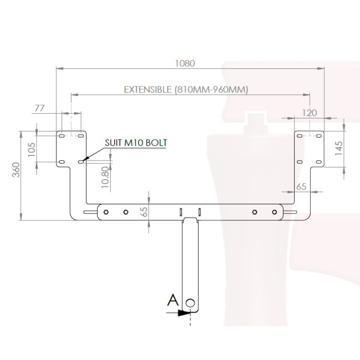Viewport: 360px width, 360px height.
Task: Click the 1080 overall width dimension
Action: [x=185, y=63]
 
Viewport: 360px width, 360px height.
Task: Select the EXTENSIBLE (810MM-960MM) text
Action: [x=186, y=90]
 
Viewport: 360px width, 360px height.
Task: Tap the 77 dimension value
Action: [x=39, y=108]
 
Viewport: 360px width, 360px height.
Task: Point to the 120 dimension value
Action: [x=309, y=113]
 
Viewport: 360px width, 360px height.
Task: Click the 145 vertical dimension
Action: [x=339, y=148]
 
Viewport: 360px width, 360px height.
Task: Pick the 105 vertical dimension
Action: [x=31, y=150]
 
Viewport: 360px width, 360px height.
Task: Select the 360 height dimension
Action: [x=16, y=170]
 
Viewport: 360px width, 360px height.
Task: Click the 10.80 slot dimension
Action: [x=105, y=177]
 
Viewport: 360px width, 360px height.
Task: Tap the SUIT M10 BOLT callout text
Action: [x=136, y=143]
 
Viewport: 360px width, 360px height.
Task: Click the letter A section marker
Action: [x=173, y=300]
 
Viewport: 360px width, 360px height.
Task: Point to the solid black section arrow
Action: [x=184, y=313]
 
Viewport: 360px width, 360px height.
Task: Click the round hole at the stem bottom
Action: [x=190, y=303]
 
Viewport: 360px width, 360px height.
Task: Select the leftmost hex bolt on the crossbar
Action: [x=106, y=212]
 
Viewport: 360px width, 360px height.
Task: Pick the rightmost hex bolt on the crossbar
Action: [x=274, y=212]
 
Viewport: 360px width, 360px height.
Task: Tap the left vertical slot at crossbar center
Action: [x=181, y=211]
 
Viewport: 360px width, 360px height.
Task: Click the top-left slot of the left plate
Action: [x=62, y=136]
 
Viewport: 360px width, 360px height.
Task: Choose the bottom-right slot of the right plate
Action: [x=319, y=162]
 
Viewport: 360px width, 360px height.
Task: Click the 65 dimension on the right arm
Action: [x=301, y=186]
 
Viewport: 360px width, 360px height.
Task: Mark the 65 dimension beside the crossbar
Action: [x=144, y=211]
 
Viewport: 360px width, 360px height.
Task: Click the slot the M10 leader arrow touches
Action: [x=81, y=162]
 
